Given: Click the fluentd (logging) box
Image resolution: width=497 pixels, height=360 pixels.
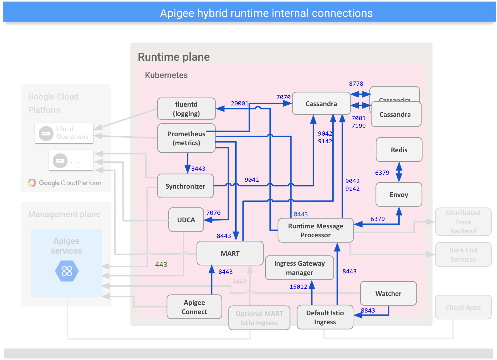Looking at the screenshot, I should coord(186,109).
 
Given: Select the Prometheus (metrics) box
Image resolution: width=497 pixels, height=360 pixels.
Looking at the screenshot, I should coord(186,138).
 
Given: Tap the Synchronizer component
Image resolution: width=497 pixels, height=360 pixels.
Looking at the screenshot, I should coord(185,186).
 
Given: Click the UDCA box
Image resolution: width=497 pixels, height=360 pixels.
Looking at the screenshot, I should coord(186,220).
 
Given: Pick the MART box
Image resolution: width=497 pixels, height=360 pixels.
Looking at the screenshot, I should coord(230,253).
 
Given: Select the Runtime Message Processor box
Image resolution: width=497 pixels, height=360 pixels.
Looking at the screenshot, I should coord(315,231).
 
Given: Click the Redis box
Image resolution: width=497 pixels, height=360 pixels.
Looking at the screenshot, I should coord(399,150).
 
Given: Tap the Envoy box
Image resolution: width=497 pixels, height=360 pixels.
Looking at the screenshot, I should coord(399,194).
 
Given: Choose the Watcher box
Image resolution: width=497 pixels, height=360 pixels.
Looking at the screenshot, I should coord(388,293).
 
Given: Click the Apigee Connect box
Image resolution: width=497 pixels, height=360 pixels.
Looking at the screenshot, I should coord(194,307).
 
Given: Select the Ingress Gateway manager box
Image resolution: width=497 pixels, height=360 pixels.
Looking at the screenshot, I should coord(299,268).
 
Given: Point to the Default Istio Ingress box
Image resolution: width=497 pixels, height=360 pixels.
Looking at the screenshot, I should coord(325,317).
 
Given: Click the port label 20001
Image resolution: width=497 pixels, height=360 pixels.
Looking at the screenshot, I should coord(240,104).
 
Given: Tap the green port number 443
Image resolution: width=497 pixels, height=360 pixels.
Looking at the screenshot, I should coord(161,264).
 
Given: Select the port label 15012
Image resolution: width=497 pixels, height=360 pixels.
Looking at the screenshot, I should coord(298,287).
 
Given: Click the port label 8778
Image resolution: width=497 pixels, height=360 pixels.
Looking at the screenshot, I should coord(356,84).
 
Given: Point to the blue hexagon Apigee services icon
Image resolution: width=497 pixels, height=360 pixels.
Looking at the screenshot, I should coord(67,271).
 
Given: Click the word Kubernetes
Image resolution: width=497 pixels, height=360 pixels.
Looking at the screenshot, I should coord(166,75).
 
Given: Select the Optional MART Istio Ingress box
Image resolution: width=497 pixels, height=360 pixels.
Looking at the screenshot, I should coord(259,318).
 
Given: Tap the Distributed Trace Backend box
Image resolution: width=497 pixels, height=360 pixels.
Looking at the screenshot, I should coord(463,222).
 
